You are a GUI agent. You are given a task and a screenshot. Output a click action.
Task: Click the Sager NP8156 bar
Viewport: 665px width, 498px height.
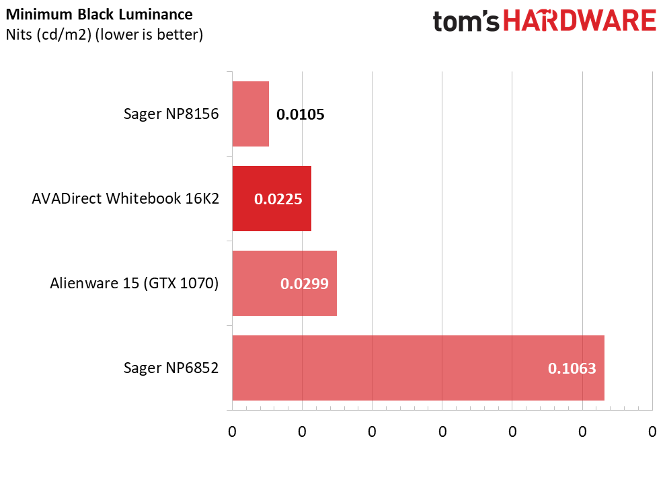tap(250, 114)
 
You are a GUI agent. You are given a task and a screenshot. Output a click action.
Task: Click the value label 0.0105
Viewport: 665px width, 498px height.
tap(301, 114)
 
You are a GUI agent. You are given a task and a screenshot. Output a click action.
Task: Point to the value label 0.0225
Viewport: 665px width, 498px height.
tap(278, 199)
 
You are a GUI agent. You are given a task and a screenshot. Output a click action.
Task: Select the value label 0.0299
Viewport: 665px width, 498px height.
tap(304, 284)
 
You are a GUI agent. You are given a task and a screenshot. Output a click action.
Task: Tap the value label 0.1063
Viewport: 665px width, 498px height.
tap(572, 368)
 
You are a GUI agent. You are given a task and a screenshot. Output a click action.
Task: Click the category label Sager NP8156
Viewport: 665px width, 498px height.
tap(171, 114)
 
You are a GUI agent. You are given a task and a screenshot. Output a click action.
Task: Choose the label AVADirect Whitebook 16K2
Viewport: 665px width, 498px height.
tap(126, 199)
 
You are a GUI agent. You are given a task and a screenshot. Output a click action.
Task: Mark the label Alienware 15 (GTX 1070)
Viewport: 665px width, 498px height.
tap(134, 284)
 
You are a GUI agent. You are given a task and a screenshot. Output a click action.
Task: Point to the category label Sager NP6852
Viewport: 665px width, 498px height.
tap(171, 368)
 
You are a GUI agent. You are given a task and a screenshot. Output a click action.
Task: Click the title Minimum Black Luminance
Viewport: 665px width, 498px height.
tap(99, 15)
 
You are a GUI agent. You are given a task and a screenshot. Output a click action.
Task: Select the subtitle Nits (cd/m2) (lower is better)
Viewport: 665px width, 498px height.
tap(104, 34)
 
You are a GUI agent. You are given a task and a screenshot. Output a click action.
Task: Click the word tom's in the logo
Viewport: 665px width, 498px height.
tap(466, 22)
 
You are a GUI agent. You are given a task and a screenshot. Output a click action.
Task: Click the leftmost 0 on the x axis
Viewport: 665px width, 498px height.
tap(232, 431)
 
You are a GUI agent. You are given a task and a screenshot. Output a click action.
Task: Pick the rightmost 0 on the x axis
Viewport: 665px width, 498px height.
tap(652, 431)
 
